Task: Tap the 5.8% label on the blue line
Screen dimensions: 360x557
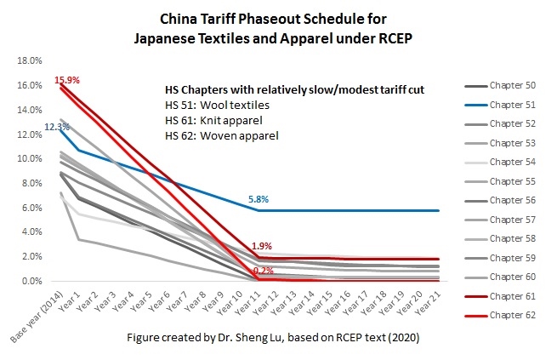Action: click(x=259, y=199)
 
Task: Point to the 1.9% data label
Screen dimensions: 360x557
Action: click(x=261, y=246)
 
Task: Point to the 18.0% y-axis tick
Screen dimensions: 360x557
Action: click(x=31, y=61)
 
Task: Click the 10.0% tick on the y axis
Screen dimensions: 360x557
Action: click(x=31, y=159)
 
